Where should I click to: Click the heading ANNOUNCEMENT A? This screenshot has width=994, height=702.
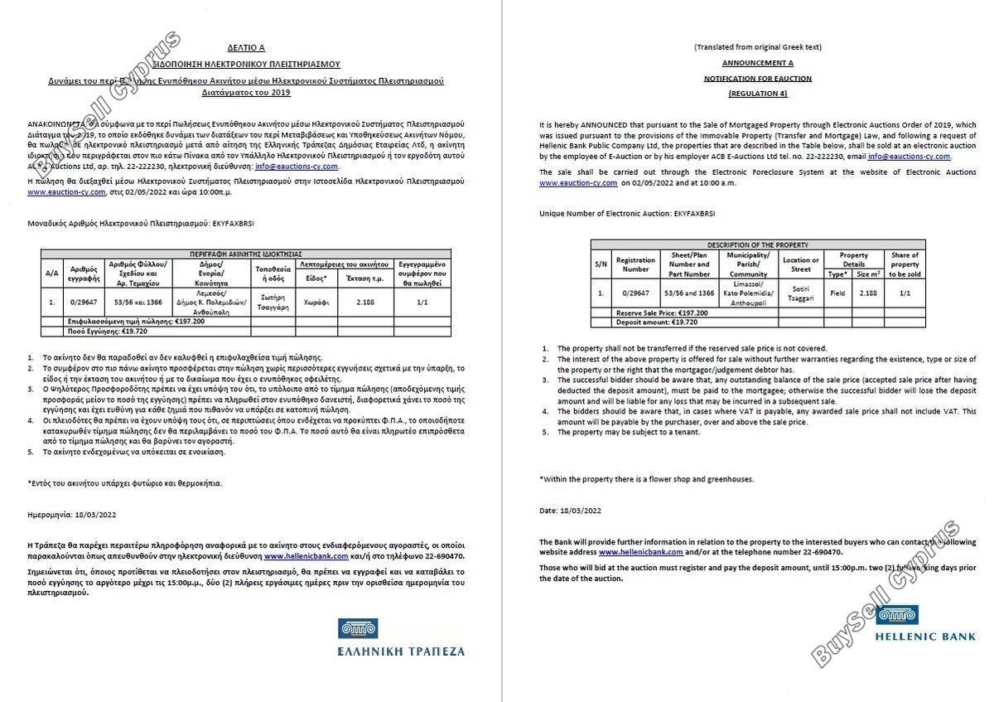click(757, 62)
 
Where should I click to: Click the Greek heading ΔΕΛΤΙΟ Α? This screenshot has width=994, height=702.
click(246, 48)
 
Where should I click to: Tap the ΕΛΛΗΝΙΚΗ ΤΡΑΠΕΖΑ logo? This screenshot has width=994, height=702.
click(401, 637)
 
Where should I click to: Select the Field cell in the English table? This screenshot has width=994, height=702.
click(837, 293)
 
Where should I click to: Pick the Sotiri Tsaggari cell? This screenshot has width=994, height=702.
click(800, 293)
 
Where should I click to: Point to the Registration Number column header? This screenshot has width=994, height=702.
click(635, 264)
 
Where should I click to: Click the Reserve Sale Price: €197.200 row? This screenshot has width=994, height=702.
click(663, 313)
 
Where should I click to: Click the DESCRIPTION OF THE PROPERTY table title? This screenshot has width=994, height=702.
click(757, 244)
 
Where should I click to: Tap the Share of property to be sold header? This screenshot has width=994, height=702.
click(904, 264)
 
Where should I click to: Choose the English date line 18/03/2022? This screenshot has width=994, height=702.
click(570, 511)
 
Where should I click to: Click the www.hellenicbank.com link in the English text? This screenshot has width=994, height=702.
click(640, 551)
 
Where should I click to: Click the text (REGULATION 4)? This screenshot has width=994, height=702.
click(757, 94)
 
